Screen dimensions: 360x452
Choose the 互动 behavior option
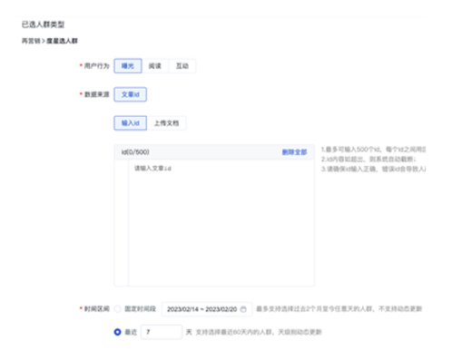point(182,66)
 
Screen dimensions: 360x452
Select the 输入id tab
point(131,122)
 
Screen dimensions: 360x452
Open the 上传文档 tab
point(164,122)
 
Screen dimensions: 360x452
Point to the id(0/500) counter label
point(135,151)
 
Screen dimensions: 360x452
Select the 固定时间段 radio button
point(118,309)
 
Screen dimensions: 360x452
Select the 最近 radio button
point(118,333)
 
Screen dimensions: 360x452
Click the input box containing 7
point(162,333)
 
